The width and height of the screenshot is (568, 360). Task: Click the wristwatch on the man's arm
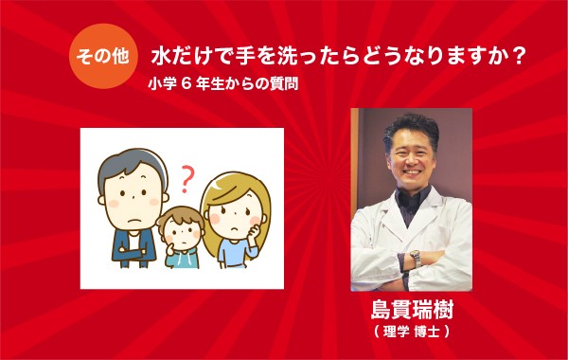415,257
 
